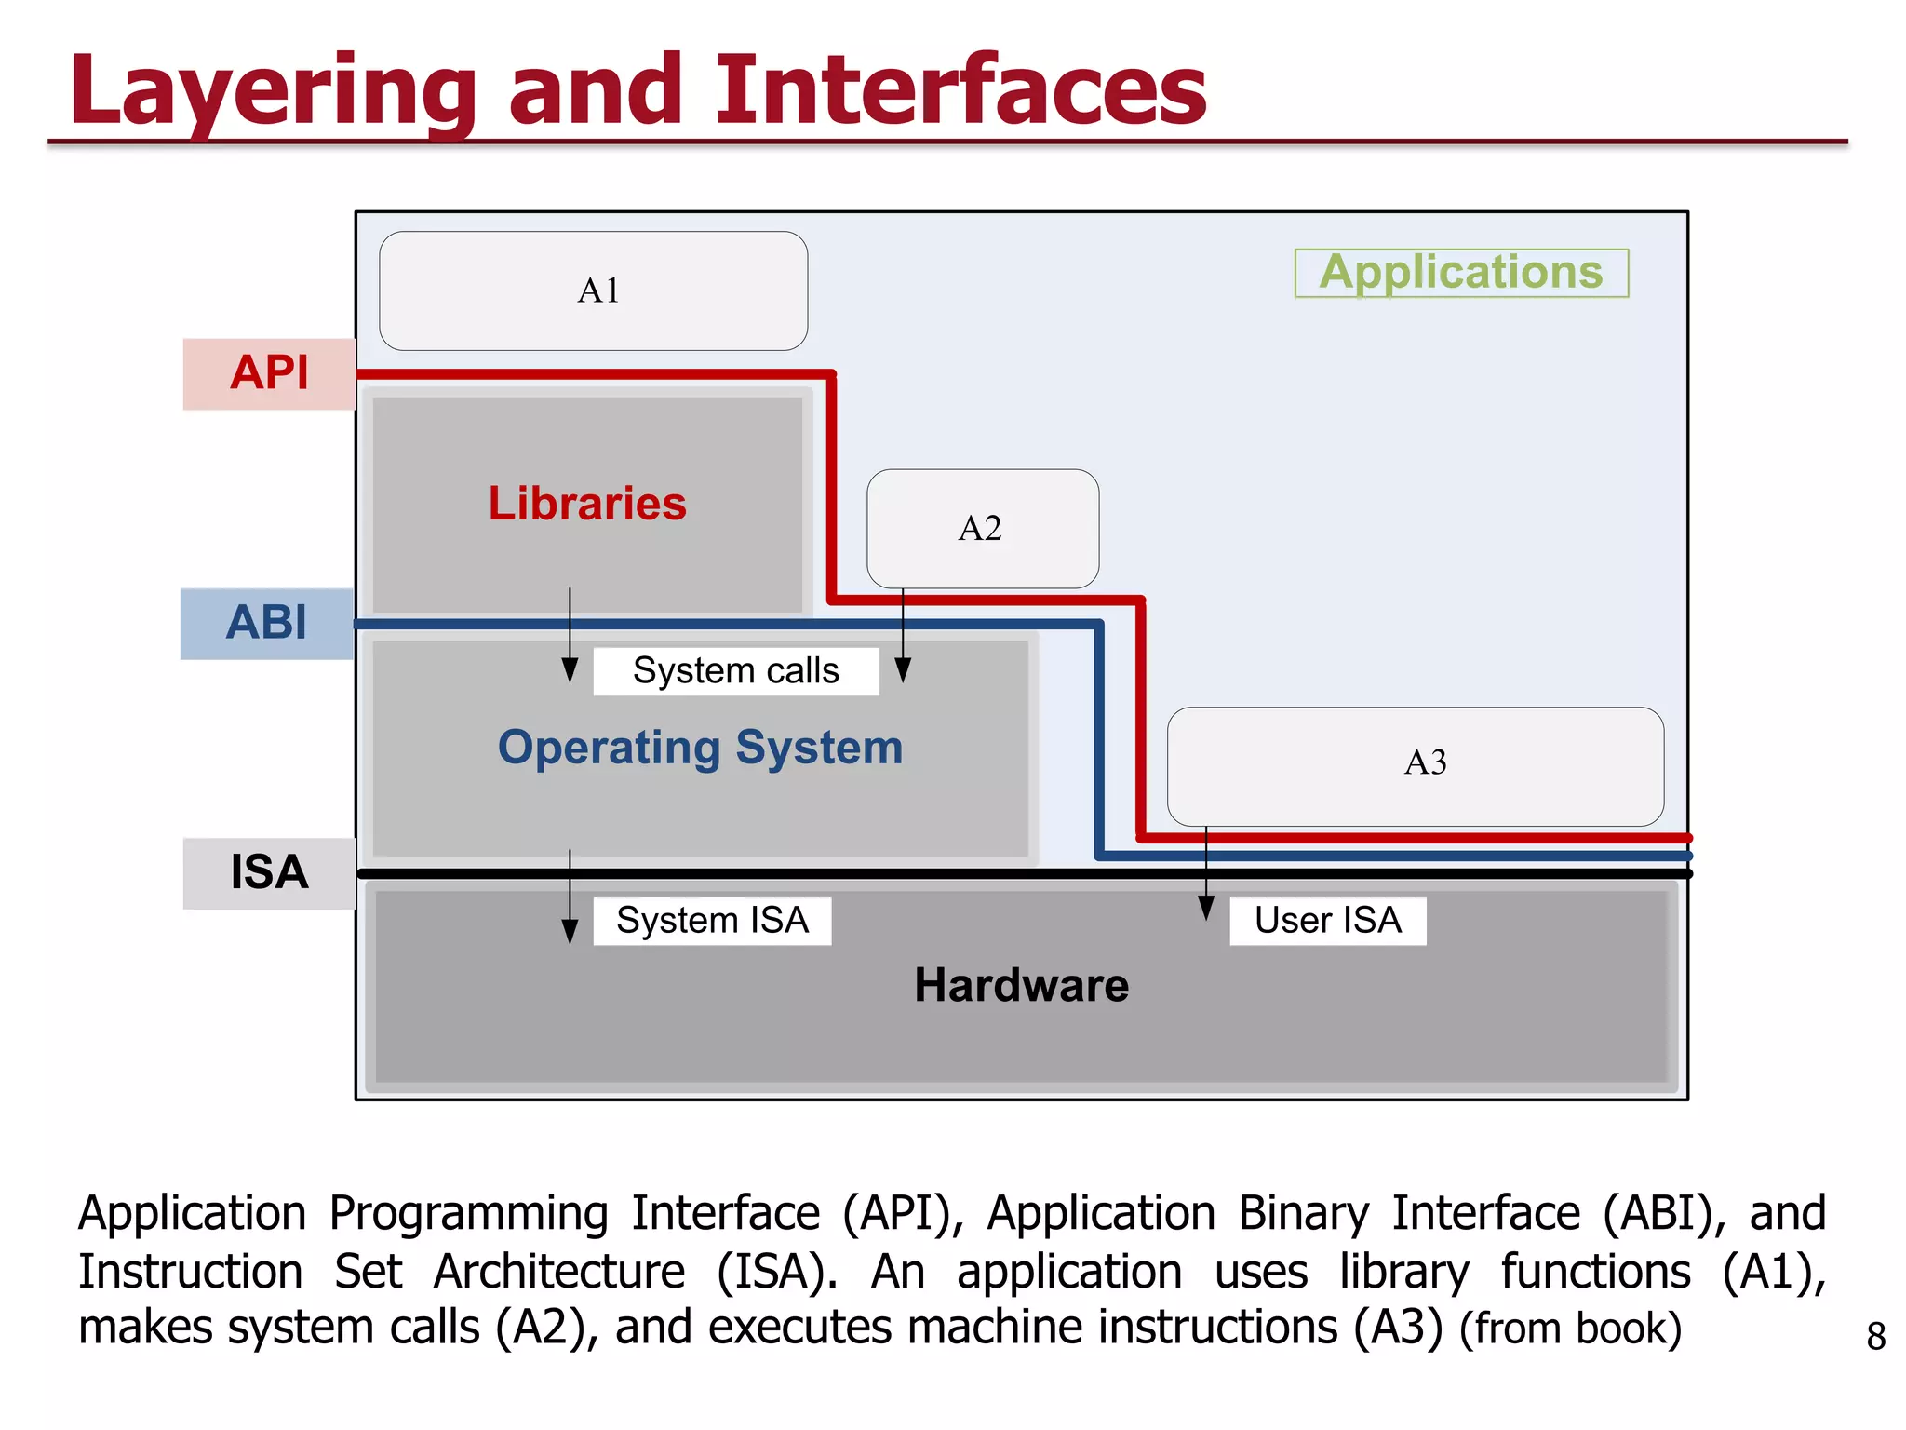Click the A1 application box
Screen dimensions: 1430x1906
coord(594,291)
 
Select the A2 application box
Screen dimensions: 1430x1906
coord(983,529)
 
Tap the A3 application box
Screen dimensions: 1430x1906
coord(1416,765)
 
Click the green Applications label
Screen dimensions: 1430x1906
coord(1461,273)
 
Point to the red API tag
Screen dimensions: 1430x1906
coord(269,374)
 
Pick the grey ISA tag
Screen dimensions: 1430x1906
coord(269,873)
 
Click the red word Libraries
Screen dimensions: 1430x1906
coord(587,504)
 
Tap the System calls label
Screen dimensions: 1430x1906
coord(736,671)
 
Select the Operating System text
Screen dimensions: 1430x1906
coord(700,749)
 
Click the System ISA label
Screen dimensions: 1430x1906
coord(712,921)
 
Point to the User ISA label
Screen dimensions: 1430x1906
coord(1327,921)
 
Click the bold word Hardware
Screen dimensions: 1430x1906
coord(1021,986)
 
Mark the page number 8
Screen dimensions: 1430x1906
coord(1876,1337)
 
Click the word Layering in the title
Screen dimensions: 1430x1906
coord(273,93)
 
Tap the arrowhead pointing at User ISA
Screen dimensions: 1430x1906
coord(1206,908)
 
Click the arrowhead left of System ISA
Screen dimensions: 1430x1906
coord(570,931)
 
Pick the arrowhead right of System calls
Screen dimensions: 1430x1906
coord(903,669)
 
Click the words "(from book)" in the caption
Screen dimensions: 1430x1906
coord(1570,1329)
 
